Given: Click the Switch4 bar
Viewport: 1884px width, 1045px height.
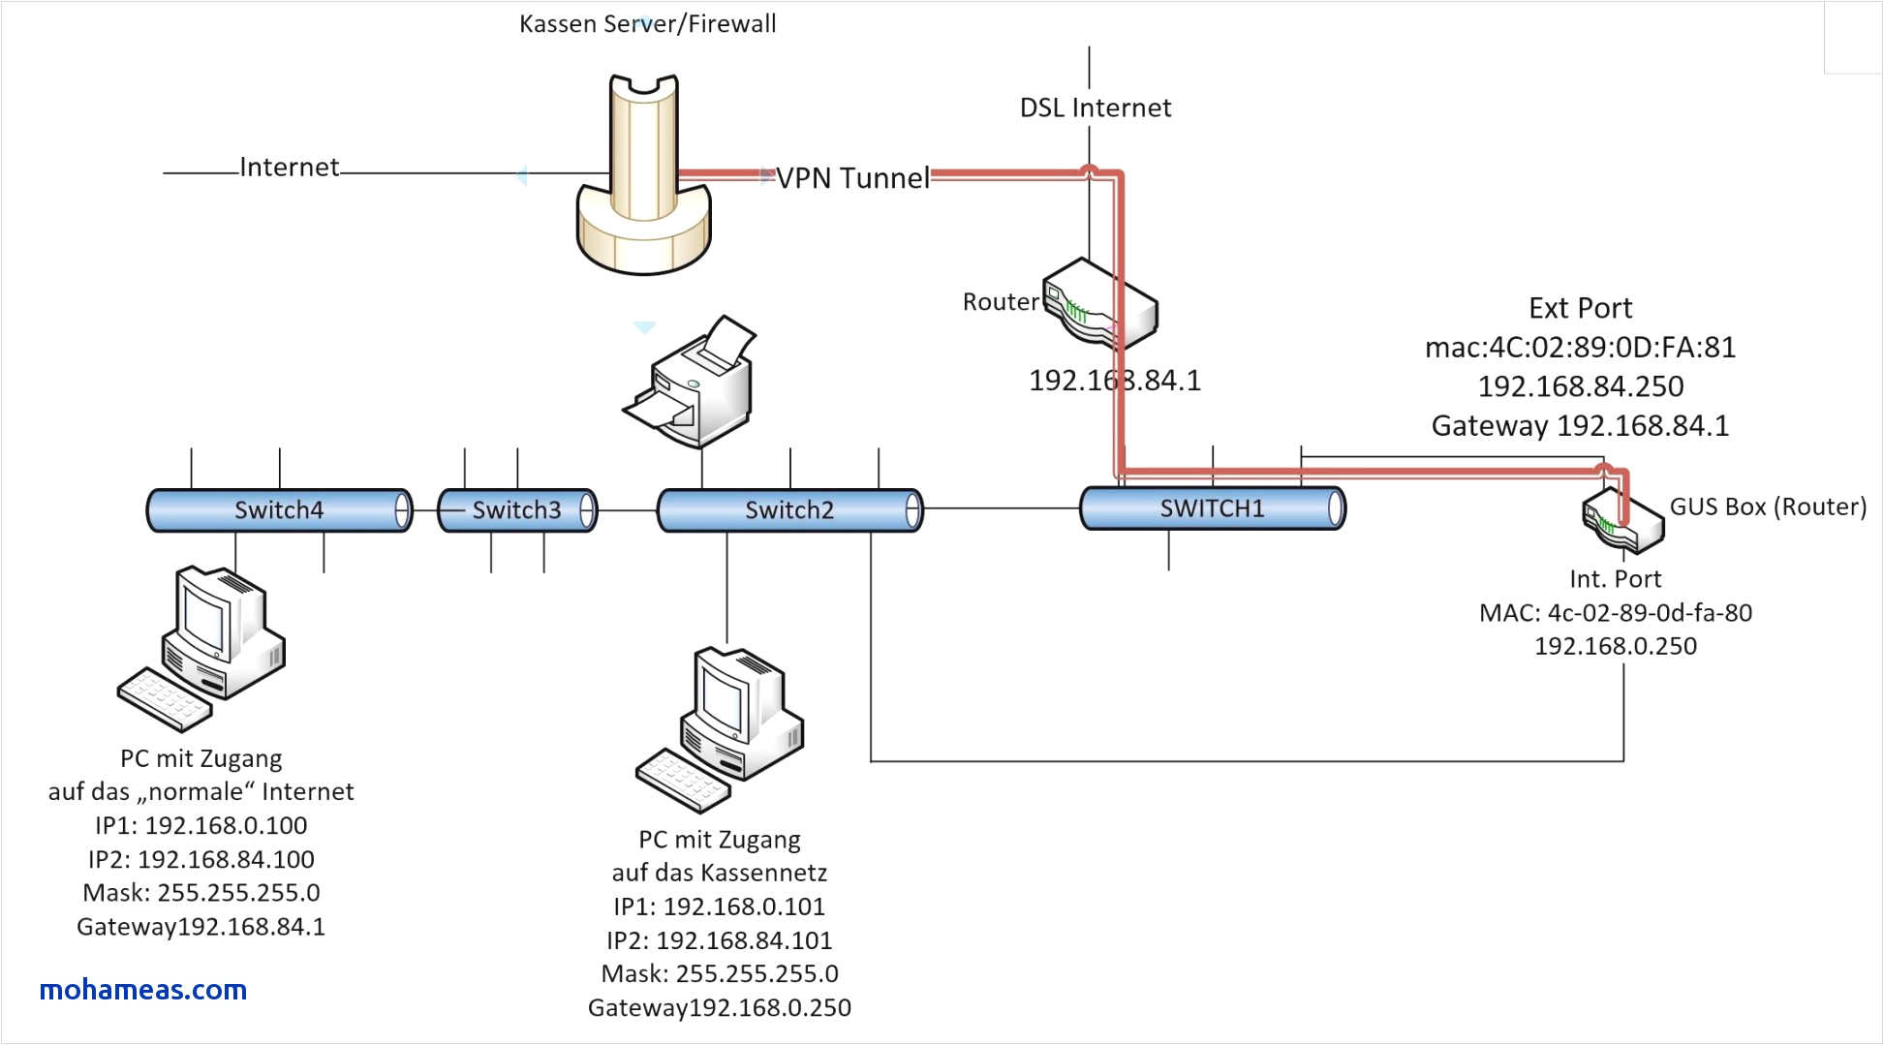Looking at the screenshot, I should click(x=279, y=510).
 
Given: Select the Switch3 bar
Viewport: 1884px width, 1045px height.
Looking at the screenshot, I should click(x=517, y=510).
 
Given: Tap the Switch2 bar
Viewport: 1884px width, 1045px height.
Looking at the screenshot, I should click(x=789, y=510).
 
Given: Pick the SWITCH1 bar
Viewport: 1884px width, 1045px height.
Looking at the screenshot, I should click(x=1212, y=508).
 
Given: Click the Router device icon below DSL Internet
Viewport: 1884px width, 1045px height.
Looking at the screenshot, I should click(x=1101, y=304).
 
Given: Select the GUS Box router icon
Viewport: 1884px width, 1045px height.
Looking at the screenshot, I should click(x=1622, y=520).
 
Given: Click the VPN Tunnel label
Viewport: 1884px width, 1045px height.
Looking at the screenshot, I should click(x=852, y=178).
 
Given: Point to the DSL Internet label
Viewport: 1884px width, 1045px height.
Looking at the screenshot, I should click(x=1096, y=108).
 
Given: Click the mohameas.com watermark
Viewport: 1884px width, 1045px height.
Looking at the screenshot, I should click(x=143, y=990).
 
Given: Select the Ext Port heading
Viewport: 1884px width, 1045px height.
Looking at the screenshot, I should click(x=1580, y=308).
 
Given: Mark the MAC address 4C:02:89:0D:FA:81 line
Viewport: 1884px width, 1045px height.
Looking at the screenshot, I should click(x=1580, y=347).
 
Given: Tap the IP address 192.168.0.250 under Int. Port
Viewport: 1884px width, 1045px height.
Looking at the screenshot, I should click(x=1616, y=646).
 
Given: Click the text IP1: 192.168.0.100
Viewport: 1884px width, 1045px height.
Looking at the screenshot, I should click(x=201, y=825).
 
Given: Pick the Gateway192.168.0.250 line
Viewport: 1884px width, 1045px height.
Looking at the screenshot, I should click(x=720, y=1008).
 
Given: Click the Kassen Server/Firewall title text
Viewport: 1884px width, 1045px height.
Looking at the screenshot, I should click(x=647, y=23).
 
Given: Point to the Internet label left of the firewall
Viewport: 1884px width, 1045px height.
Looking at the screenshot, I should click(x=289, y=168).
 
